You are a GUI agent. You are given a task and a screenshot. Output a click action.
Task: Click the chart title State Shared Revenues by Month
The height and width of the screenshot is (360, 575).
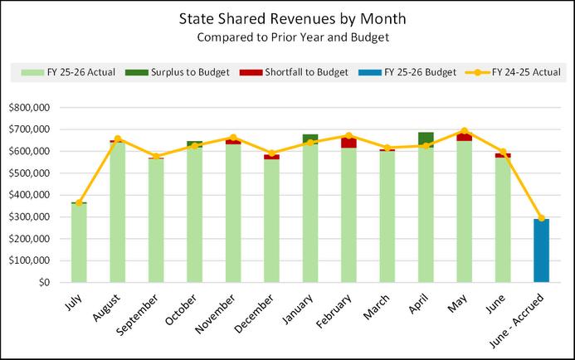click(x=292, y=19)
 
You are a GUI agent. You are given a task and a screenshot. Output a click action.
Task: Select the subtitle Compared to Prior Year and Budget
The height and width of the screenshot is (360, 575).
click(x=293, y=37)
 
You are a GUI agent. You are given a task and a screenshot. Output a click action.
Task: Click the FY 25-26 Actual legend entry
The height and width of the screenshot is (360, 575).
click(x=68, y=72)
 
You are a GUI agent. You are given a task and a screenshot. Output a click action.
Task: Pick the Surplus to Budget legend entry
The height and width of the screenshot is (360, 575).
click(x=177, y=72)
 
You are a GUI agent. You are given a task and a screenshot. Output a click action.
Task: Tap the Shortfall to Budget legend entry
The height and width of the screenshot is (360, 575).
click(x=294, y=72)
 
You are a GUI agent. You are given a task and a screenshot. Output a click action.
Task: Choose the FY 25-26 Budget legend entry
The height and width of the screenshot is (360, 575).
click(x=407, y=72)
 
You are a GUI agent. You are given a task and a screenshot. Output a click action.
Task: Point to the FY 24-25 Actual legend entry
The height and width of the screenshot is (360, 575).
click(x=513, y=72)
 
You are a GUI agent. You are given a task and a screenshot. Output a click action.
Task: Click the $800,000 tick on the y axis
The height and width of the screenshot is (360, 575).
click(x=29, y=108)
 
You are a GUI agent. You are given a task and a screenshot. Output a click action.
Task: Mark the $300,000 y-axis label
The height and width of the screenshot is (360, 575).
click(x=29, y=216)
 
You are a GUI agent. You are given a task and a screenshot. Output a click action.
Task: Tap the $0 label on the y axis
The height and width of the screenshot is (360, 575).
click(x=44, y=282)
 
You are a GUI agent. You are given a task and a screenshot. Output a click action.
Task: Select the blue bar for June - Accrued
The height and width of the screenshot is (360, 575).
click(x=541, y=251)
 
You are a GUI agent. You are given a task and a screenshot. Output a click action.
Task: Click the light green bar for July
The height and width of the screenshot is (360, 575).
click(x=79, y=243)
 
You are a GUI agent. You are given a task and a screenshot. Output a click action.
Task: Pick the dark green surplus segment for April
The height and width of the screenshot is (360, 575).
click(x=426, y=139)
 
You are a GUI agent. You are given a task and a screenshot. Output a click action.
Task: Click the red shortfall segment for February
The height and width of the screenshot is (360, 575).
click(x=348, y=142)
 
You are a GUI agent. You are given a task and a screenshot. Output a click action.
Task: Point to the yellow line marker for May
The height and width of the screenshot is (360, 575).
click(x=465, y=131)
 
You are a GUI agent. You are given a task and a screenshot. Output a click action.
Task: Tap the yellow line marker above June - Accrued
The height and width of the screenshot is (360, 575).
click(x=541, y=218)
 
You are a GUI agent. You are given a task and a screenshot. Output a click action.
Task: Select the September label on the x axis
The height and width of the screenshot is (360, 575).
click(x=138, y=314)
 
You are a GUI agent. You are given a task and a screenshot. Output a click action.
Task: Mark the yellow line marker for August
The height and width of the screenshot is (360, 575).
click(x=117, y=139)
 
